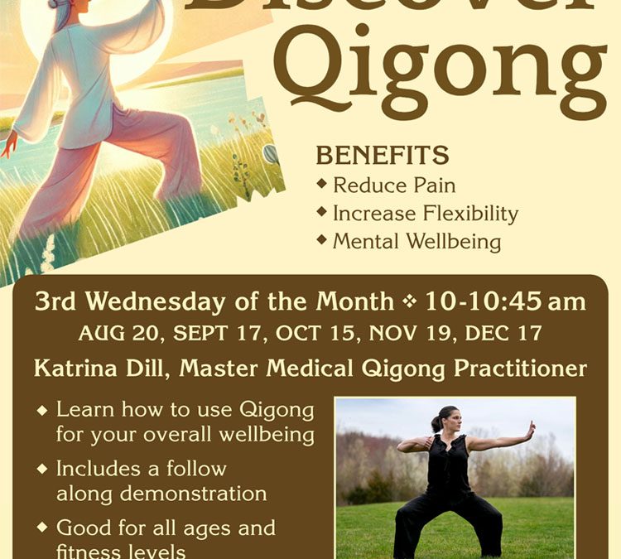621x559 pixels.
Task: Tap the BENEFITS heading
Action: (x=382, y=155)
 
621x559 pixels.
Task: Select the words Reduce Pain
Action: (x=394, y=185)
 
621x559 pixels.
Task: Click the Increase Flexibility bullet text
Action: (x=425, y=214)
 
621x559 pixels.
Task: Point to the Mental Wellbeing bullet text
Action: (x=416, y=242)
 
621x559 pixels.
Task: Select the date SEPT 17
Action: (x=214, y=334)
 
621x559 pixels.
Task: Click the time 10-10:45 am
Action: (x=505, y=301)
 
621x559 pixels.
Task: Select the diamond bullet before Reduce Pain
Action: (x=322, y=184)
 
